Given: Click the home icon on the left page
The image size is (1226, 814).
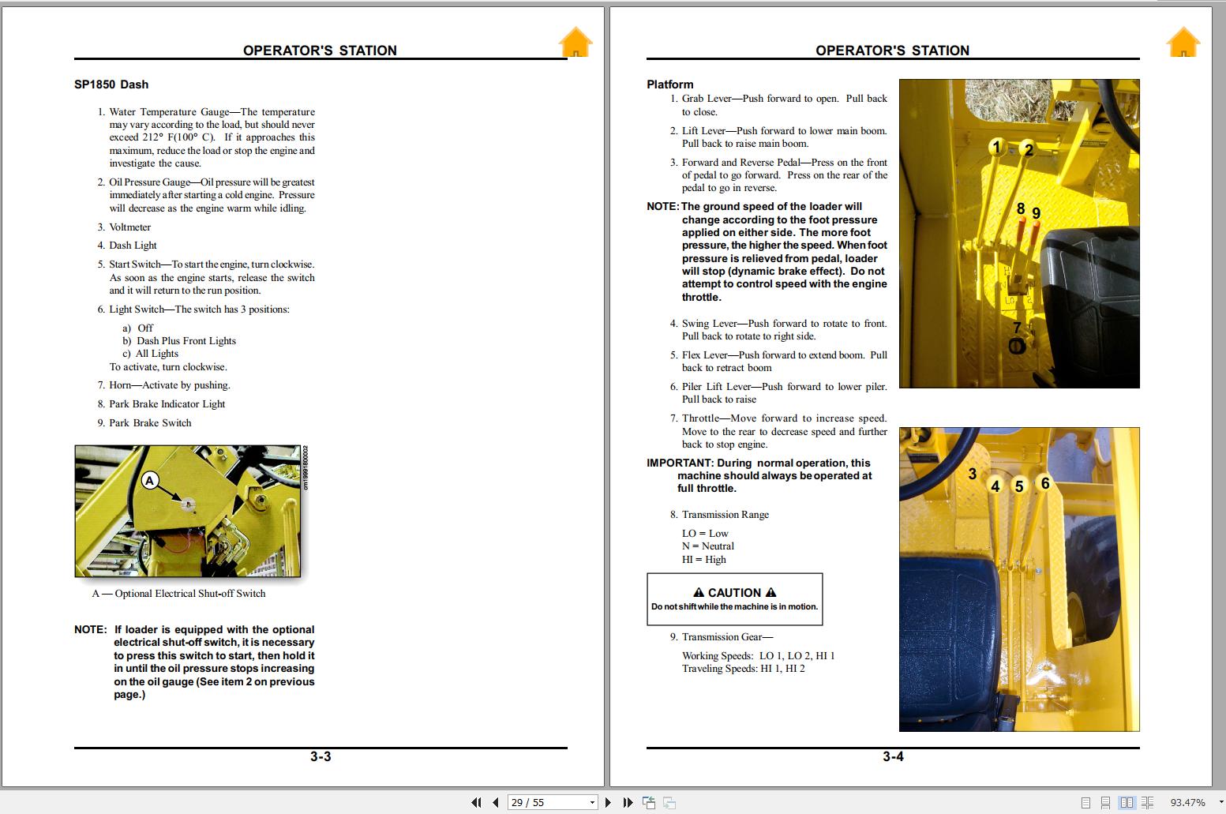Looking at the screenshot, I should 576,43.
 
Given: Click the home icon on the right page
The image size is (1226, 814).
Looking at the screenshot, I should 1183,43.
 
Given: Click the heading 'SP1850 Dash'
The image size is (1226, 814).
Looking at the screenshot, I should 111,84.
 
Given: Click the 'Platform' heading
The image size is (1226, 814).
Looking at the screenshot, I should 669,84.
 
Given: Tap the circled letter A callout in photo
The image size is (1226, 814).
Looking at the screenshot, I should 150,480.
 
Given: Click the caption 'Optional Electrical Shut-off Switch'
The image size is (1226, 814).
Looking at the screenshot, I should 189,594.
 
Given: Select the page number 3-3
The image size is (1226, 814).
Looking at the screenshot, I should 321,756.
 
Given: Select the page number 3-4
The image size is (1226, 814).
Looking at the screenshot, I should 893,756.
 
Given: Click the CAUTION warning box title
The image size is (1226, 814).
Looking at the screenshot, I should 734,592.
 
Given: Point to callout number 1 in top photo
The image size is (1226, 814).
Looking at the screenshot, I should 996,148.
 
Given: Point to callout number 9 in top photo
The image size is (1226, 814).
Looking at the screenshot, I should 1037,213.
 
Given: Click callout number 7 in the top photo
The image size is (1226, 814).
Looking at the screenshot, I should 1017,328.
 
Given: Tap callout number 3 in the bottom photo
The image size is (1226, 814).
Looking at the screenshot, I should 973,474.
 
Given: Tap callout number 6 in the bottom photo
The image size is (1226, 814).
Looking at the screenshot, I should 1045,483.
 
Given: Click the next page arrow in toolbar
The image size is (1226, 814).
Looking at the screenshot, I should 608,802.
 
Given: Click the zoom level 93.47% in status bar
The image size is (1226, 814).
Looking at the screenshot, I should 1187,802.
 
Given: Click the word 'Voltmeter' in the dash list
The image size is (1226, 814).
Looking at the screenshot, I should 130,227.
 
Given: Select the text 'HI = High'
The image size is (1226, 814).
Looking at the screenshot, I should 703,560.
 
